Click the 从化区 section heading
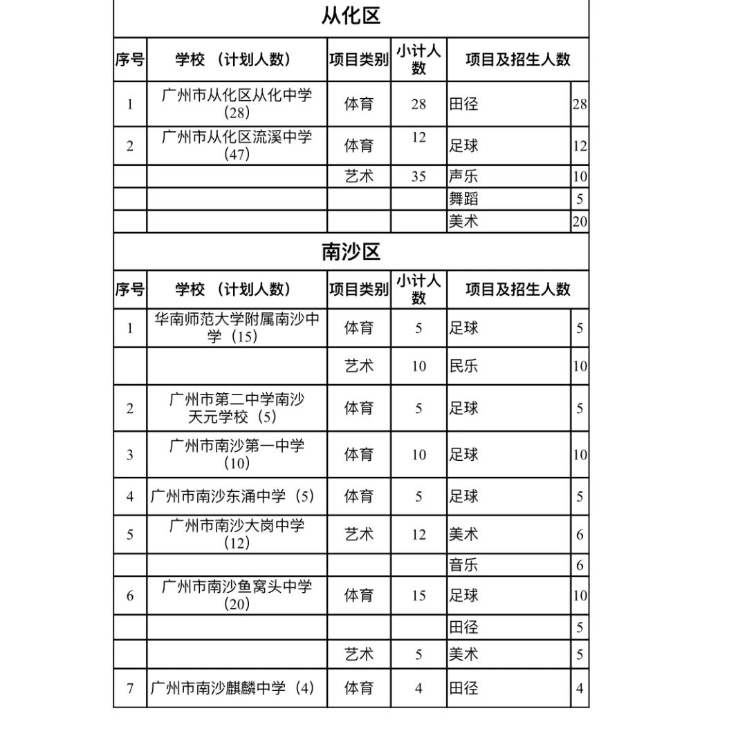pyautogui.click(x=351, y=16)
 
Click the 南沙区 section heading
pyautogui.click(x=351, y=252)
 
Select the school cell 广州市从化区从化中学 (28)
pyautogui.click(x=237, y=104)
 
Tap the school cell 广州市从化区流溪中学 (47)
pyautogui.click(x=237, y=145)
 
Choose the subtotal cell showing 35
pyautogui.click(x=418, y=176)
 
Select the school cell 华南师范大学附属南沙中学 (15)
pyautogui.click(x=237, y=328)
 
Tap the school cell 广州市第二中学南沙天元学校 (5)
pyautogui.click(x=237, y=408)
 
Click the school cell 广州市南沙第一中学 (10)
pyautogui.click(x=237, y=454)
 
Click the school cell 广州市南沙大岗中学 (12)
pyautogui.click(x=237, y=534)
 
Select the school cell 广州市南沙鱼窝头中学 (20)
pyautogui.click(x=237, y=595)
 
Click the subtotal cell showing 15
pyautogui.click(x=418, y=595)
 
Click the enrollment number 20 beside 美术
pyautogui.click(x=580, y=221)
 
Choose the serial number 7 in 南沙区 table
pyautogui.click(x=130, y=688)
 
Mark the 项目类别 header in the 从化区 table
pyautogui.click(x=358, y=59)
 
